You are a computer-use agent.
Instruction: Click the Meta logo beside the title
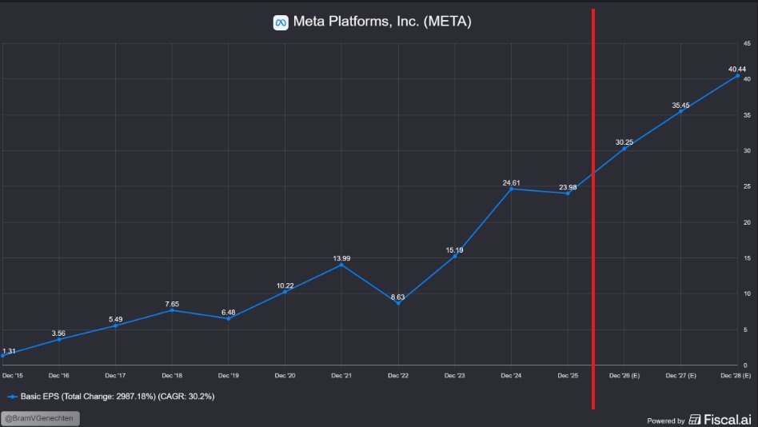tap(280, 22)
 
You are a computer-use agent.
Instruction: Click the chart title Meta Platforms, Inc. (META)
tap(382, 22)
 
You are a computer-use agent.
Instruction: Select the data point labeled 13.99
tap(341, 265)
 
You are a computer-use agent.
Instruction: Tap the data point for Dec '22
tap(398, 303)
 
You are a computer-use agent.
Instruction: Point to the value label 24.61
tap(511, 183)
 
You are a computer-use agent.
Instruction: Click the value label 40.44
tap(737, 70)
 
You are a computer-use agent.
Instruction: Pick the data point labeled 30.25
tap(624, 149)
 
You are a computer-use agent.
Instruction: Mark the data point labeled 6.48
tap(228, 318)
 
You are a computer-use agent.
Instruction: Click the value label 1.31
tap(9, 351)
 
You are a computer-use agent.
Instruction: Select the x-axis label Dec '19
tap(228, 375)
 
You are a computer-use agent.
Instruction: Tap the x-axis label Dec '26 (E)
tap(624, 375)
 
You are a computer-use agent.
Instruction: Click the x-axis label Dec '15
tap(13, 375)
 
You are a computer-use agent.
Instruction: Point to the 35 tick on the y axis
tap(745, 115)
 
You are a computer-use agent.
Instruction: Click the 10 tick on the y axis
tap(745, 293)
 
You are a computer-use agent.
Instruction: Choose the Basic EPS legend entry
tap(112, 396)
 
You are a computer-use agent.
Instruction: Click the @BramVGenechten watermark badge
tap(41, 418)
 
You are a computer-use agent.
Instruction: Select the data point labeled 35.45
tap(680, 111)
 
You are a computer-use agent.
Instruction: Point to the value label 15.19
tap(455, 250)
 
